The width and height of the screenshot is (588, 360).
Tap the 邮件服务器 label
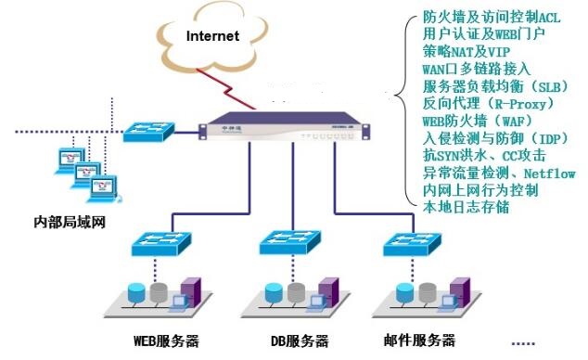point(417,339)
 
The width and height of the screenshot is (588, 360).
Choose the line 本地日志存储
point(466,207)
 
